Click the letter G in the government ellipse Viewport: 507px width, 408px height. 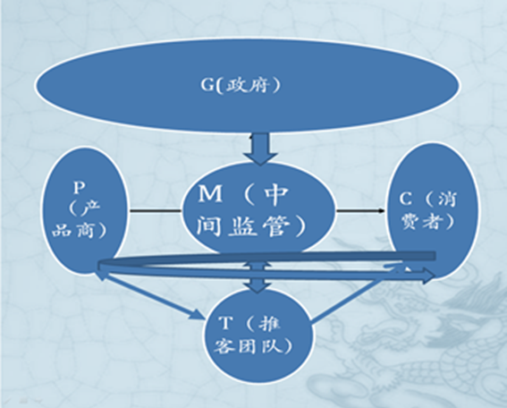coord(207,85)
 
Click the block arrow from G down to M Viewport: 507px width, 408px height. coord(260,149)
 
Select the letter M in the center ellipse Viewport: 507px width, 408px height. coord(210,193)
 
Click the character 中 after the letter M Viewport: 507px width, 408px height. coord(275,195)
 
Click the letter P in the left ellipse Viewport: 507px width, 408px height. coord(79,187)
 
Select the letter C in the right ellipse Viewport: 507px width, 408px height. coord(405,199)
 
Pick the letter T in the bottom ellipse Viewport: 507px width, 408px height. coord(225,323)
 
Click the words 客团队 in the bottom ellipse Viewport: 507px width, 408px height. coord(248,346)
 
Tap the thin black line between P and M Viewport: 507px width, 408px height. coord(156,210)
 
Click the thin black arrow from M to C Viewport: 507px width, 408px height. coord(360,210)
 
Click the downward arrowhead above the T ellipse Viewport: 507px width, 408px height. coord(258,286)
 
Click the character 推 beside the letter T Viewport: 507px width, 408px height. coord(270,324)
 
